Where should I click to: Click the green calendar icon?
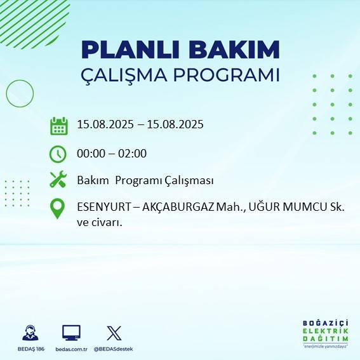click(58, 126)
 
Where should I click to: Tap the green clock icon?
click(58, 154)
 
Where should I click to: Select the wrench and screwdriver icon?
click(58, 180)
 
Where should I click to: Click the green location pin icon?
click(58, 209)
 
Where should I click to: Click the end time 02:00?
click(133, 153)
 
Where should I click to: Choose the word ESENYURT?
click(102, 207)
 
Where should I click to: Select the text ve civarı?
click(99, 222)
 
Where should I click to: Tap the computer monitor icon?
click(71, 333)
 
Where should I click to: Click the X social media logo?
click(114, 333)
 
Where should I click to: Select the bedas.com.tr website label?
click(71, 349)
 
